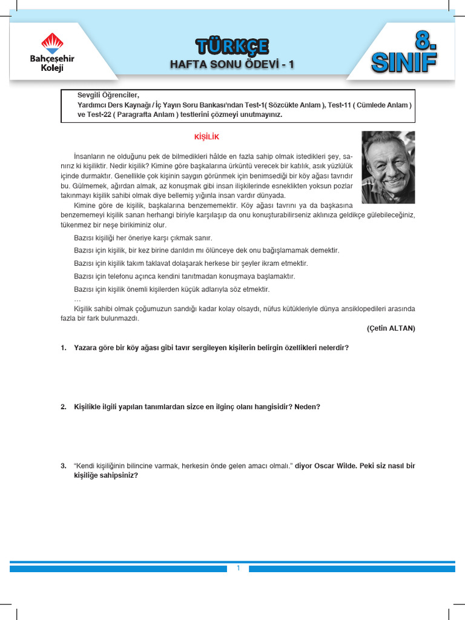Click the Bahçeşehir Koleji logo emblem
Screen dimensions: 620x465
[51, 42]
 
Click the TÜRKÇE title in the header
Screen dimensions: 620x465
[232, 46]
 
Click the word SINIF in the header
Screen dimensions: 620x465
[404, 62]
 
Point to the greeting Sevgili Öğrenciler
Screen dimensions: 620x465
[108, 95]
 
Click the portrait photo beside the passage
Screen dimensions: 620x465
[388, 167]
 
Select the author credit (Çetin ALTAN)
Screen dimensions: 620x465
[391, 328]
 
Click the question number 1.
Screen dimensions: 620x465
[64, 348]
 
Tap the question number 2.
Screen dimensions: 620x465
[64, 407]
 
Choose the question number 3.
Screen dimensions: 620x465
[64, 466]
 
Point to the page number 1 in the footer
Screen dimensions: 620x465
[239, 568]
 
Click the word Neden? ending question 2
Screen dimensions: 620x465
[308, 407]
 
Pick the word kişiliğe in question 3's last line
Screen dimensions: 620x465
[87, 475]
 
